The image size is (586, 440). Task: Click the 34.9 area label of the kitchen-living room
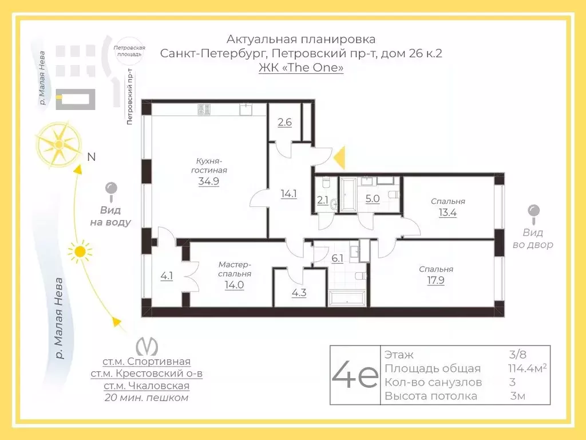[208, 182]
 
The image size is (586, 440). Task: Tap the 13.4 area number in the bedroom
[448, 213]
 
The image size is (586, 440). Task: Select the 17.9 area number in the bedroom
[435, 280]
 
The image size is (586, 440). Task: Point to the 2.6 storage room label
[285, 122]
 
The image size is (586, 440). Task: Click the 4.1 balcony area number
[167, 276]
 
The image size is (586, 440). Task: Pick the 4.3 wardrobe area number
[299, 293]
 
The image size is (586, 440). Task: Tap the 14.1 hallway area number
[289, 194]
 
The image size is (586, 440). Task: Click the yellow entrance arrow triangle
[339, 158]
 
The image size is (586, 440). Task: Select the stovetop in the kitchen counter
[204, 109]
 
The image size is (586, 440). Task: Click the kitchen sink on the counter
[246, 109]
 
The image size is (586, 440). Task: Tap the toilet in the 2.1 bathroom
[326, 182]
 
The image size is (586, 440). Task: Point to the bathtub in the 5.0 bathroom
[348, 195]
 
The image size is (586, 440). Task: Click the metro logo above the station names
[146, 346]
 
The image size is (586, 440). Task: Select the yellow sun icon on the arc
[80, 252]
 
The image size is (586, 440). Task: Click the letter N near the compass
[92, 157]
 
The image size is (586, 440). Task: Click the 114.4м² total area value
[527, 368]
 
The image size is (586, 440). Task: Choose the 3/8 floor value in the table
[517, 354]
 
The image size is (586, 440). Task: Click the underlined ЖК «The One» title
[301, 68]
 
